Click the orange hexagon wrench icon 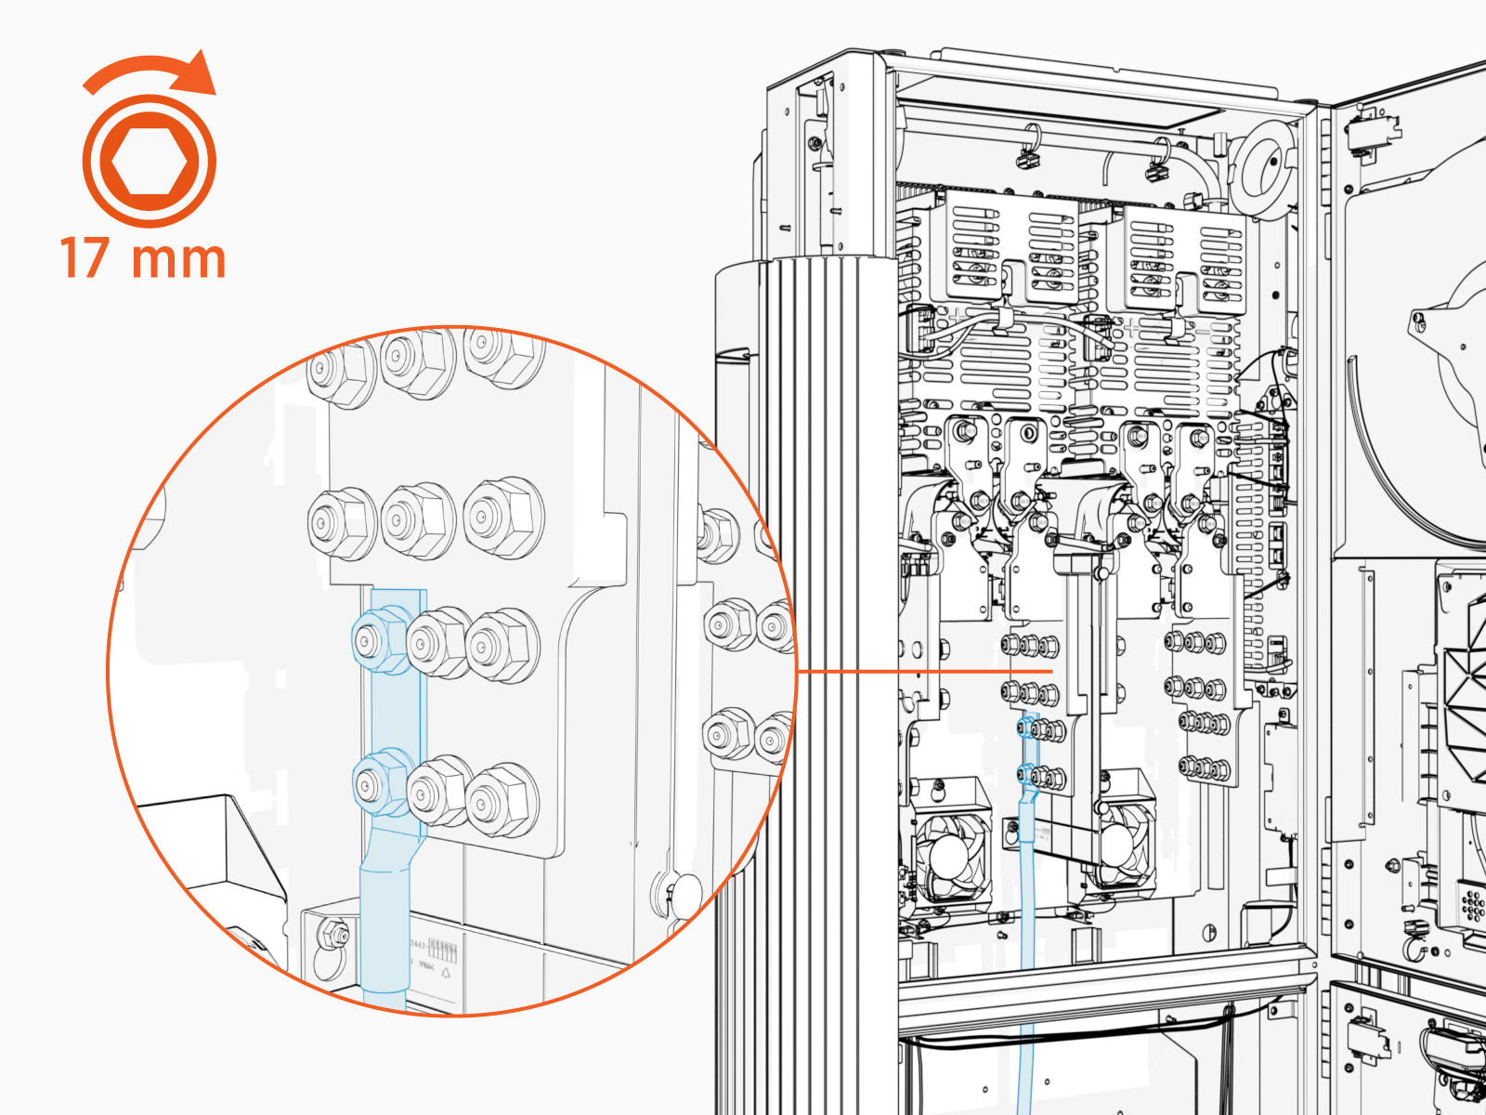149,161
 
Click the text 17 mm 143,258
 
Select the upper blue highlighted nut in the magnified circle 380,638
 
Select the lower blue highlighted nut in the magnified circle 380,786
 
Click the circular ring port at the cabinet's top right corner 1262,167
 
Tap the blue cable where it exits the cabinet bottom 1025,1069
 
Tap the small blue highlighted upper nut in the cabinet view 1026,726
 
